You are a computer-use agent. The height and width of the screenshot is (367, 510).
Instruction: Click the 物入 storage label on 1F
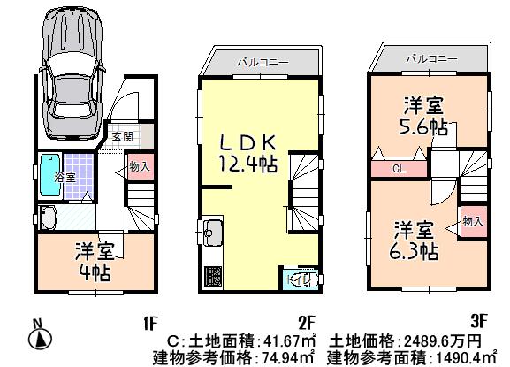coord(138,166)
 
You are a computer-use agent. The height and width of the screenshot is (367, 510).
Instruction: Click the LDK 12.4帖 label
coord(247,152)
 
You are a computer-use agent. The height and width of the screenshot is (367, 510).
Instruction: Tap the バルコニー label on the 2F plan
coord(258,62)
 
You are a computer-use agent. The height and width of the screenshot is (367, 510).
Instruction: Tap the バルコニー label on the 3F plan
coord(430,58)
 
